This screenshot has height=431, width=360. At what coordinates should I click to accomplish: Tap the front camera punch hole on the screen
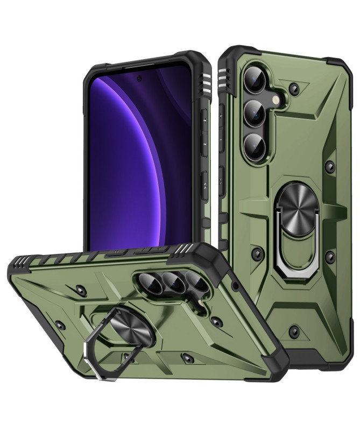tap(139, 79)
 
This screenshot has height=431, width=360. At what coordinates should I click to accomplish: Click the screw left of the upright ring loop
tap(257, 252)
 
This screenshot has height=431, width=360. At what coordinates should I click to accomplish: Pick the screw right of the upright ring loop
tap(330, 257)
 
